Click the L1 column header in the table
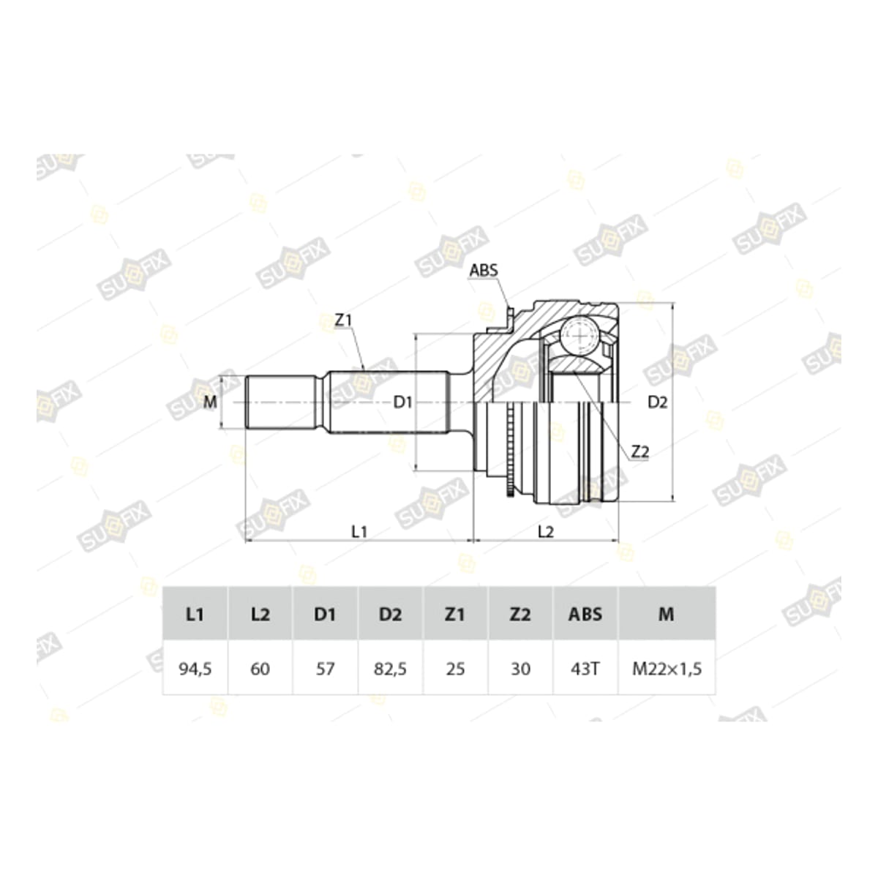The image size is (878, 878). coord(195,615)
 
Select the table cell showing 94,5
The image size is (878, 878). coord(195,669)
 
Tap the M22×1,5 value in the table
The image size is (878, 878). coord(667,669)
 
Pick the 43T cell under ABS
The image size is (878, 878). coord(585,669)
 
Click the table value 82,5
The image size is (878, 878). coord(390,669)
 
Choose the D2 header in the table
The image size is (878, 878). coord(390,615)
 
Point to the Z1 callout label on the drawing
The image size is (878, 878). coord(344,320)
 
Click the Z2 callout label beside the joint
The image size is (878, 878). coord(639,451)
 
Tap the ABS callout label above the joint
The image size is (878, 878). coord(484,270)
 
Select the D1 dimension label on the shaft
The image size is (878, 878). coord(402,402)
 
